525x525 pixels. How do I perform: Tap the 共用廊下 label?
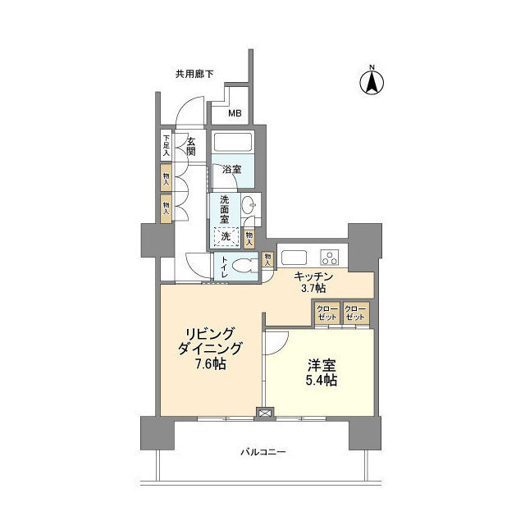click(x=194, y=74)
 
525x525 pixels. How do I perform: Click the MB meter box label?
click(x=235, y=113)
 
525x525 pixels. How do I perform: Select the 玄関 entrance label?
click(x=190, y=147)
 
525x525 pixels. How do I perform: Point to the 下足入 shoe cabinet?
click(x=166, y=145)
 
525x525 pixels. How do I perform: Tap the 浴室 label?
click(x=231, y=170)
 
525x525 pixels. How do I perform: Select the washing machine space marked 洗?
click(x=226, y=235)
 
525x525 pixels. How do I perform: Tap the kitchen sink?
click(x=293, y=253)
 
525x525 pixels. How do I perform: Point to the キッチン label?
click(x=313, y=276)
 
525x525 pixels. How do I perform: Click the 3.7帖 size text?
click(x=313, y=289)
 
